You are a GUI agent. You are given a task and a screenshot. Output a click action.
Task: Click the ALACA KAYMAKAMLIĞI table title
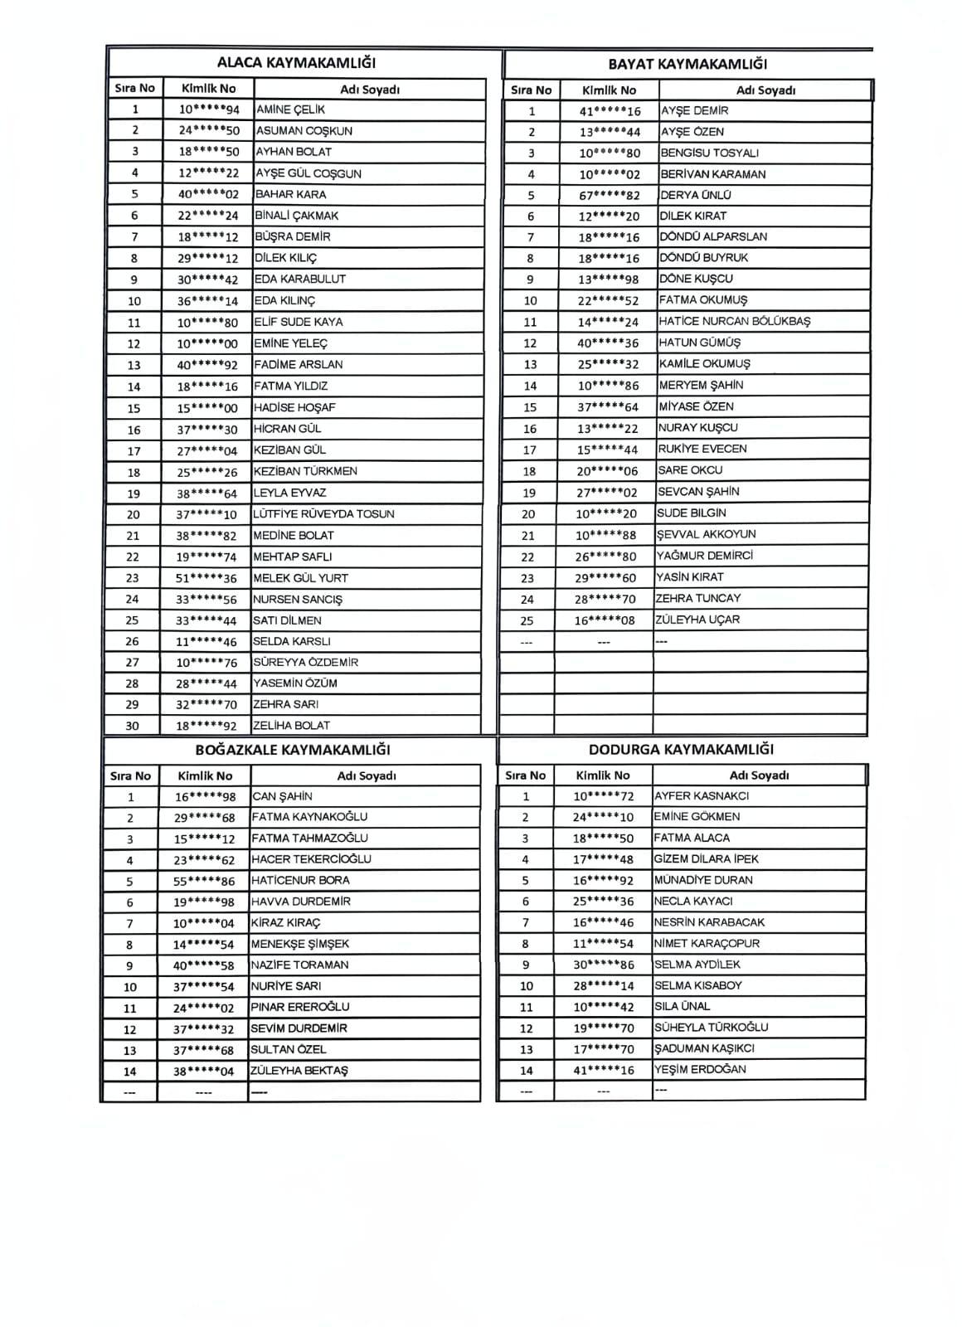coord(296,63)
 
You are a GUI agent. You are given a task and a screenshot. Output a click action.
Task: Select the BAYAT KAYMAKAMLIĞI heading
coord(687,64)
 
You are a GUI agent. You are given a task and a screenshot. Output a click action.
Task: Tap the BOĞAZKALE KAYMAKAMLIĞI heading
coord(293,750)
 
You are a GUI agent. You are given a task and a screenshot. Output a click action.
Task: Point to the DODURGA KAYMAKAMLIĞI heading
coord(681,749)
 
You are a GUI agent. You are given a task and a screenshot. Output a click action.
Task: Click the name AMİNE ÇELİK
coord(290,109)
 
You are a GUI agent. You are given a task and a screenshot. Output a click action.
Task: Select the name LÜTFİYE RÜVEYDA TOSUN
coord(323,514)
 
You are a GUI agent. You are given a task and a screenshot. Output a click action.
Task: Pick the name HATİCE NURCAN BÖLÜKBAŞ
coord(735,321)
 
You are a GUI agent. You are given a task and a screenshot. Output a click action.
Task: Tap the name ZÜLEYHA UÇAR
coord(697,620)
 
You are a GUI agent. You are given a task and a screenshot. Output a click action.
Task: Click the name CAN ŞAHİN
coord(282,796)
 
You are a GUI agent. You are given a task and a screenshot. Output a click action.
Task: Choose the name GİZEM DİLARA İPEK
coord(706,859)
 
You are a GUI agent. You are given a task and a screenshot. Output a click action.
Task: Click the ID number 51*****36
coord(206,578)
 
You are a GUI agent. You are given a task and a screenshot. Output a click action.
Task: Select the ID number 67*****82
coord(610,195)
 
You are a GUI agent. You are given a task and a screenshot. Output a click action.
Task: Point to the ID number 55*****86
coord(204,881)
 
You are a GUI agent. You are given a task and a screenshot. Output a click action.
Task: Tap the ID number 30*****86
coord(603,965)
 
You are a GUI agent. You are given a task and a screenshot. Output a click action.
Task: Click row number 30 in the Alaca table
coord(132,726)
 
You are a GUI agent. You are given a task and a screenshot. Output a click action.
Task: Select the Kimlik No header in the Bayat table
coord(609,90)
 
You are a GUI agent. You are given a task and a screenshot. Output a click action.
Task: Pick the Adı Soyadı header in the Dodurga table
coord(759,775)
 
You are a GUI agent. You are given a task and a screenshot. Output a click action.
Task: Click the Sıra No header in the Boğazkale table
coord(130,776)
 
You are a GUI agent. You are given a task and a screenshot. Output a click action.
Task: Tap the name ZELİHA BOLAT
coord(291,726)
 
